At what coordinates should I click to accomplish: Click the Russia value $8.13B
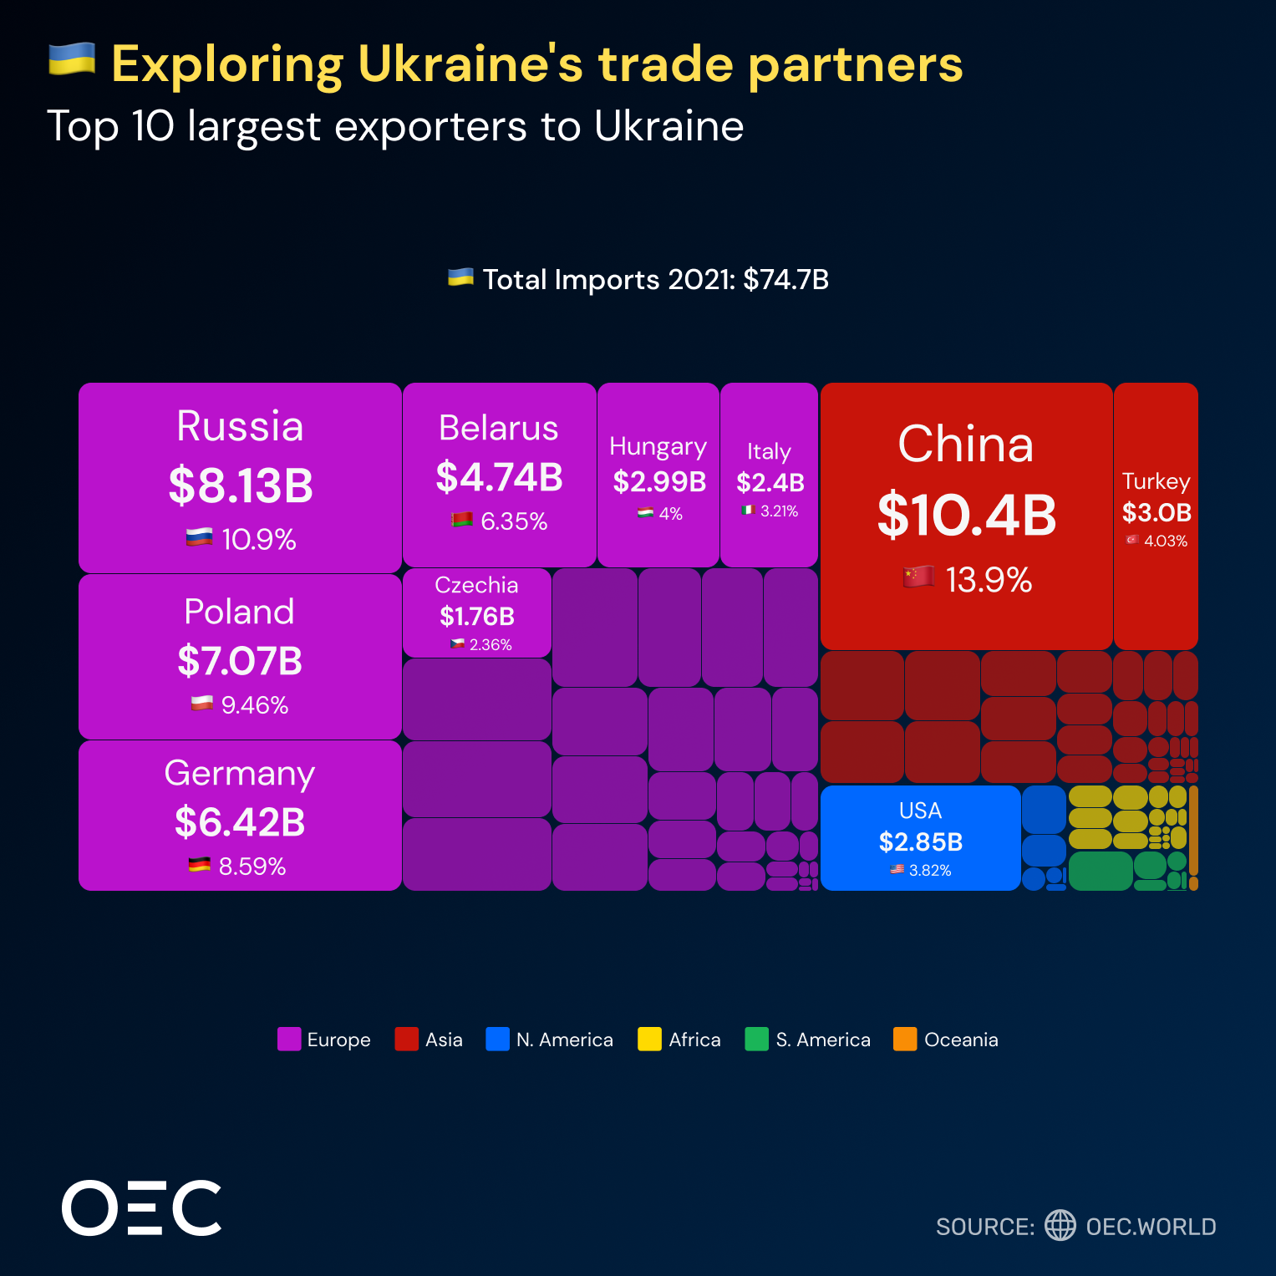tap(241, 485)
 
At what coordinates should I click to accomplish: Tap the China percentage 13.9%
tap(989, 580)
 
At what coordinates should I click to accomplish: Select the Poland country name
tap(239, 612)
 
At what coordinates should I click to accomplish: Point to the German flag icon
tap(199, 865)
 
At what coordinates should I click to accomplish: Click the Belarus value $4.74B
tap(499, 477)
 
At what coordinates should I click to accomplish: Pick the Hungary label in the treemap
tap(658, 446)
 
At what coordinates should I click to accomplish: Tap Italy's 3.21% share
tap(779, 511)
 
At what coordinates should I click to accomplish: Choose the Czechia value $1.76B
tap(477, 617)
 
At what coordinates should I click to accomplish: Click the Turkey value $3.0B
tap(1157, 512)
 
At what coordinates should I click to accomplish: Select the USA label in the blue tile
tap(920, 811)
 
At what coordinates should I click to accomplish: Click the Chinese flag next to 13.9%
tap(918, 577)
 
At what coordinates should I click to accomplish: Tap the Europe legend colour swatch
tap(289, 1039)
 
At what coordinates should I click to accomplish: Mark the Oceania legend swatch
tap(905, 1039)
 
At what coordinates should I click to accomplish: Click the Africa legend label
tap(694, 1040)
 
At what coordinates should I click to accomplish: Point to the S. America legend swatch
tap(756, 1039)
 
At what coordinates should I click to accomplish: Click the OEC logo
tap(142, 1208)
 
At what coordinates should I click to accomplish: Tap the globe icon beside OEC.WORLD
tap(1060, 1225)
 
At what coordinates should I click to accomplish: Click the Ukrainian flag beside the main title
tap(72, 60)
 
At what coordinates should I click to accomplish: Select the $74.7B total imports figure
tap(785, 279)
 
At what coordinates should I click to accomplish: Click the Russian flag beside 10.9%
tap(199, 537)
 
